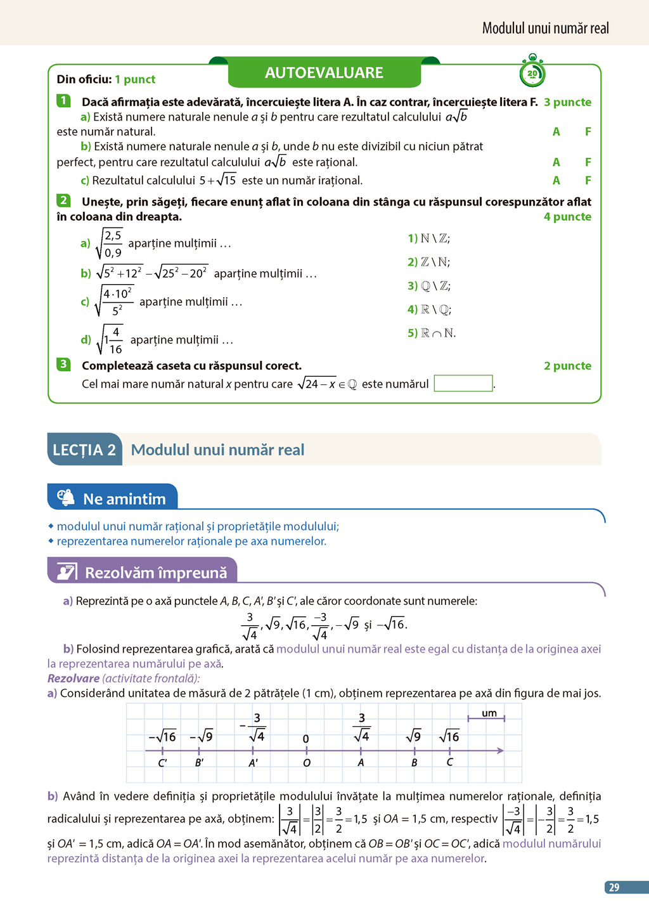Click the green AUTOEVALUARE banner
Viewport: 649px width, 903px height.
click(324, 73)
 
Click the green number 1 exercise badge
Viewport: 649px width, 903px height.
click(63, 100)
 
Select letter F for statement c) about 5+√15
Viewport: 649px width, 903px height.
click(588, 180)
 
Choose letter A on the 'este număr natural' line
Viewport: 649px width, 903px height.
click(556, 132)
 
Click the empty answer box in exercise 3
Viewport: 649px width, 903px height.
click(463, 384)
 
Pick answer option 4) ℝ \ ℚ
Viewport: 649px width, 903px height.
click(429, 309)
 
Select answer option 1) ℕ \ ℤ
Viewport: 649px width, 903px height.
click(428, 238)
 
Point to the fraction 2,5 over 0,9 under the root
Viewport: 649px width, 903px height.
click(112, 244)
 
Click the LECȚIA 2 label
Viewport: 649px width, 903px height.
click(84, 450)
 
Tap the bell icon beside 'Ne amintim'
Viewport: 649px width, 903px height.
click(65, 498)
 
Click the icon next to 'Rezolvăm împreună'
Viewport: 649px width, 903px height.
click(67, 572)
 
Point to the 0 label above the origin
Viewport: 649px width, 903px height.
click(306, 739)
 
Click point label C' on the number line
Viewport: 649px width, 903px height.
click(162, 763)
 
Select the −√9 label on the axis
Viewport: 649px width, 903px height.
click(202, 736)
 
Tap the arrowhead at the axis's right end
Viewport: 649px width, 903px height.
click(500, 751)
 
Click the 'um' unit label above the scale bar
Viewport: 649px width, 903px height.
click(489, 713)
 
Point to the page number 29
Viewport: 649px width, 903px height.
click(614, 887)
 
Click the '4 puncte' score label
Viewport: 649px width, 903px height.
click(567, 217)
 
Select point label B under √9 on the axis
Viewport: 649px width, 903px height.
click(414, 763)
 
